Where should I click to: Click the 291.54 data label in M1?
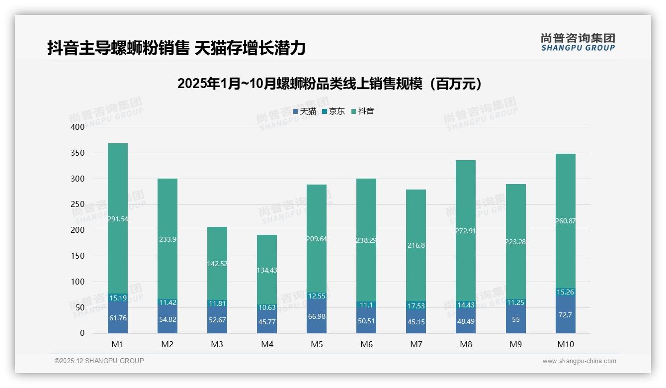118,219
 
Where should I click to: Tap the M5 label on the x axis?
317,344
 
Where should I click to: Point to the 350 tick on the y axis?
78,153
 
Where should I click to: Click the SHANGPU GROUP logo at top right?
578,42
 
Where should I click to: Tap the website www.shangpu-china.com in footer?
579,361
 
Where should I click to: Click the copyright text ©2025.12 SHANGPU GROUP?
99,361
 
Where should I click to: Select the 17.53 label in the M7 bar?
416,306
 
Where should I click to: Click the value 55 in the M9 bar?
515,319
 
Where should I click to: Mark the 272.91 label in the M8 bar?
466,231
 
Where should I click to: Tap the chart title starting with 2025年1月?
330,84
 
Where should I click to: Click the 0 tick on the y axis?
82,333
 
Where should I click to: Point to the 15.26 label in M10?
565,292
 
